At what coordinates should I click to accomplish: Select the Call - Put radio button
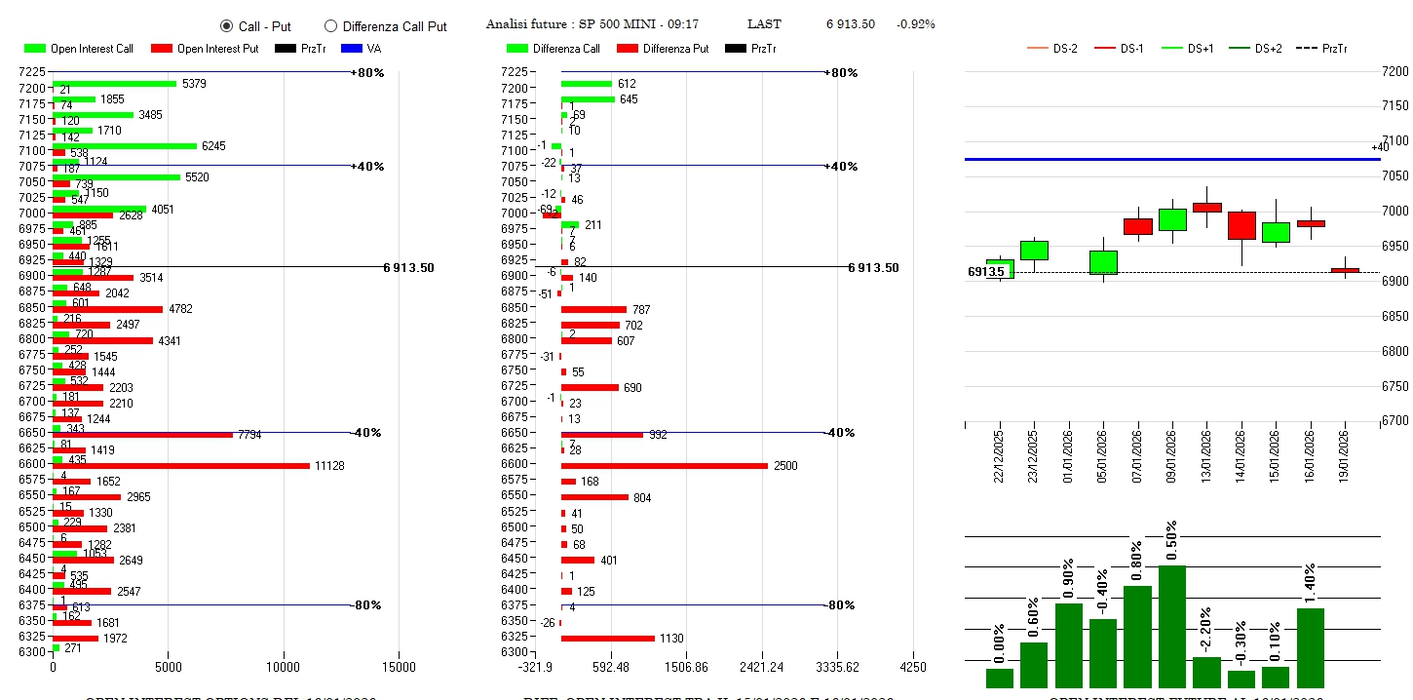pos(226,26)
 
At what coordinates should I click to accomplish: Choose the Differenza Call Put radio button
pos(330,26)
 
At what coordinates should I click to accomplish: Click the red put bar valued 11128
pos(181,466)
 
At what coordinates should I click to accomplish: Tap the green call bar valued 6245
pos(125,146)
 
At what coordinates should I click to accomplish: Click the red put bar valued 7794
pos(142,435)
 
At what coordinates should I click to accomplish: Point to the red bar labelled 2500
pos(665,466)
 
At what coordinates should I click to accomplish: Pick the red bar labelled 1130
pos(608,639)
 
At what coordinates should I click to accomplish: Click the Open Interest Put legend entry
pos(205,49)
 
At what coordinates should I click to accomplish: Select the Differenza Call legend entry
pos(553,49)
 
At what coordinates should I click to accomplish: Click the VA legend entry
pos(356,49)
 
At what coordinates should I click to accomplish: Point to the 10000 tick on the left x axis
pos(284,668)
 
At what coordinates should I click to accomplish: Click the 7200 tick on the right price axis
pos(1395,71)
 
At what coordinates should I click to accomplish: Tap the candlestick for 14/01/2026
pos(1241,225)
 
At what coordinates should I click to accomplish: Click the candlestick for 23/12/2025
pos(1034,251)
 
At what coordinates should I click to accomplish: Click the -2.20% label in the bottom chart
pos(1206,625)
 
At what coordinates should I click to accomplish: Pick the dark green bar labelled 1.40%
pos(1311,648)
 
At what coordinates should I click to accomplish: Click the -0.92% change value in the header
pos(916,24)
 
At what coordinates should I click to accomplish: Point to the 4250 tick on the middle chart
pos(913,668)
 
